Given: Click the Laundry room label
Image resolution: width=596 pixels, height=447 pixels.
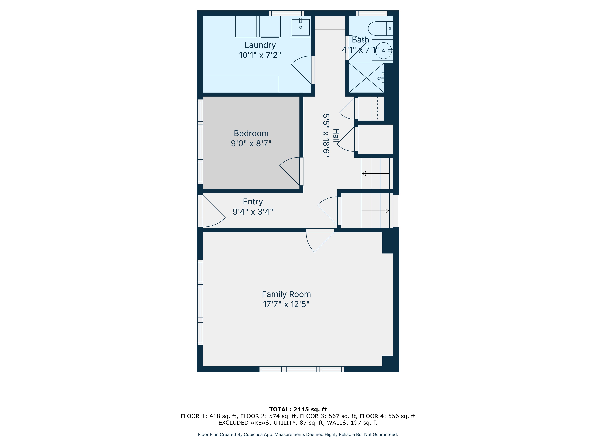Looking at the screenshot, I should click(260, 45).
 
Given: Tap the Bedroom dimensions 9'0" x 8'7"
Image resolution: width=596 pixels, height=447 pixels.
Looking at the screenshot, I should click(251, 143).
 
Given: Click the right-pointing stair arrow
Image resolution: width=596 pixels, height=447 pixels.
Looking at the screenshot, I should click(387, 211).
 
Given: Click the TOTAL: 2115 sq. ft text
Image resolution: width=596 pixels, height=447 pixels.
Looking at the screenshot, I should click(298, 409).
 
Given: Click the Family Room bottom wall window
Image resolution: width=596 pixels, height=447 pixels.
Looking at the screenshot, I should click(302, 369).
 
